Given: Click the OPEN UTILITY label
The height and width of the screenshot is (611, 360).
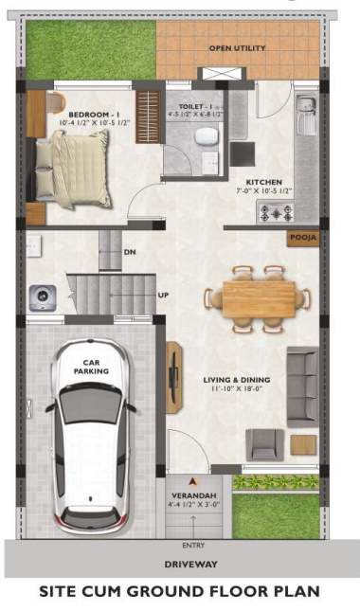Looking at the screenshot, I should click(237, 47).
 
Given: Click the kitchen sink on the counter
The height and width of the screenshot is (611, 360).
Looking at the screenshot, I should click(306, 118).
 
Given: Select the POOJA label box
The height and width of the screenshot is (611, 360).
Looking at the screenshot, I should click(303, 238).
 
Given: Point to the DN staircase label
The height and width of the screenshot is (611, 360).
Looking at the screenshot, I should click(131, 253).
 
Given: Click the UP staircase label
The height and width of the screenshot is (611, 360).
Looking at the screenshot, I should click(163, 295).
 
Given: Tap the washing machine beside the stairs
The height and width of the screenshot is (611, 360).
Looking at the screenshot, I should click(43, 297).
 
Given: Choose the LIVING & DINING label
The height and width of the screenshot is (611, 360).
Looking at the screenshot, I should click(234, 382).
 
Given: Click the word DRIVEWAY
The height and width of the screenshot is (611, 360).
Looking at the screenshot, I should click(180, 564).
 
